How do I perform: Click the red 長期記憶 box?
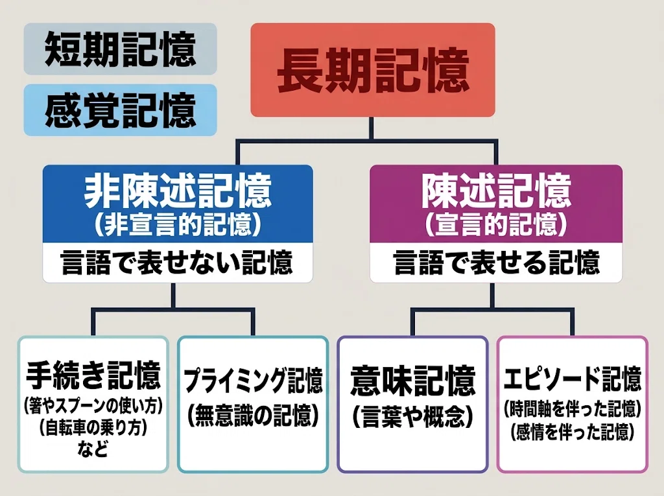click(x=373, y=70)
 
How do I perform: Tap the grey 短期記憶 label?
click(x=120, y=49)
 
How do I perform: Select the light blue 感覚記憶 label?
click(x=120, y=110)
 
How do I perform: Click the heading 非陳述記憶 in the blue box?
click(x=178, y=191)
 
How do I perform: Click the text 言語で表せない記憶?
click(x=178, y=262)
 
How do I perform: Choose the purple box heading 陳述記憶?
click(x=496, y=191)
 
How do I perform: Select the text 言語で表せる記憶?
click(x=496, y=262)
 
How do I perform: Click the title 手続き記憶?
click(x=93, y=375)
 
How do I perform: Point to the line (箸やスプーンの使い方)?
click(x=93, y=407)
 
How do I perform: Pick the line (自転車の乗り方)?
click(x=93, y=428)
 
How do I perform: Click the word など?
click(x=93, y=449)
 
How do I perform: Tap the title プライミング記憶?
click(x=254, y=381)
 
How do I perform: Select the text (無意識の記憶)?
click(x=254, y=416)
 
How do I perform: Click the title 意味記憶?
click(x=413, y=380)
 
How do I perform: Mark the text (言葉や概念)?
click(x=413, y=417)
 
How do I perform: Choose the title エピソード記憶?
click(x=573, y=379)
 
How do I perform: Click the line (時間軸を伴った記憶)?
click(x=573, y=409)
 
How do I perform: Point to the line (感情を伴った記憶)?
click(x=573, y=432)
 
